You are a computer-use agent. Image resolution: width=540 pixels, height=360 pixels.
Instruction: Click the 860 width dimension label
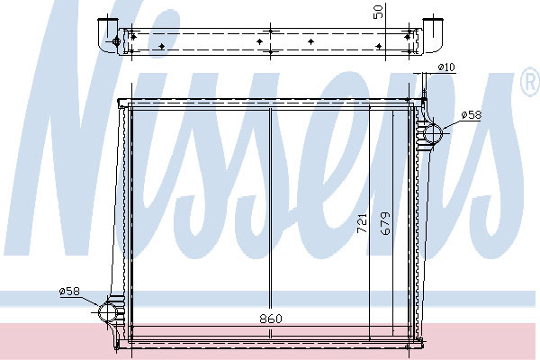[271, 319]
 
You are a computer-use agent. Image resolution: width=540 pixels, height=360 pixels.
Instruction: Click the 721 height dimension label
[362, 223]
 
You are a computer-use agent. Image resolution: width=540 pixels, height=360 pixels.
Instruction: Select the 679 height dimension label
[385, 223]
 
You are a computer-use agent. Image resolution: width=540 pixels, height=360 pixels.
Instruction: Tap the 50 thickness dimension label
[378, 12]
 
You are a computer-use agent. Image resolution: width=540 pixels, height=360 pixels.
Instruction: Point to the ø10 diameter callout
[446, 67]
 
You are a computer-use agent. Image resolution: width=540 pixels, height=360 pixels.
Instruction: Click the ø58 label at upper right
[472, 114]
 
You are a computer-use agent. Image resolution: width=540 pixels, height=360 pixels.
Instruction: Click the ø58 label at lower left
[69, 292]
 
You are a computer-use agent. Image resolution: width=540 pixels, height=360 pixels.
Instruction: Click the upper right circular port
[433, 134]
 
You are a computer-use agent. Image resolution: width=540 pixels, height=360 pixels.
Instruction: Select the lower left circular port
[108, 312]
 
